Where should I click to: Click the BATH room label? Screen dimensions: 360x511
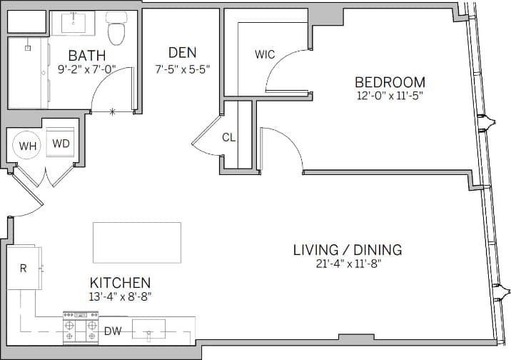86,55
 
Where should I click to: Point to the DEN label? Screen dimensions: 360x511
182,52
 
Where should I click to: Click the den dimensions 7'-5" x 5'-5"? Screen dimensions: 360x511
182,69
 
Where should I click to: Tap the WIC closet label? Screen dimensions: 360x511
265,54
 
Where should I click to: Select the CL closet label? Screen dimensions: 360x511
228,137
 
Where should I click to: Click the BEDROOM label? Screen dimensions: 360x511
390,81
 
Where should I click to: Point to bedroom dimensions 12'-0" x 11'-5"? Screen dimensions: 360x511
390,96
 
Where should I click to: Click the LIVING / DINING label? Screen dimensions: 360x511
348,250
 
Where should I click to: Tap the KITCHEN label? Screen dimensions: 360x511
120,282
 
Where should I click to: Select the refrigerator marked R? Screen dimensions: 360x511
24,269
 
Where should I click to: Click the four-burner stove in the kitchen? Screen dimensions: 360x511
80,328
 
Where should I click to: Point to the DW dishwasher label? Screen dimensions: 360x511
113,331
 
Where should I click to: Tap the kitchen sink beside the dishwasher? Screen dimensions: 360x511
148,330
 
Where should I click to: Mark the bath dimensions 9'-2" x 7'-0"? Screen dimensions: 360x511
86,70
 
